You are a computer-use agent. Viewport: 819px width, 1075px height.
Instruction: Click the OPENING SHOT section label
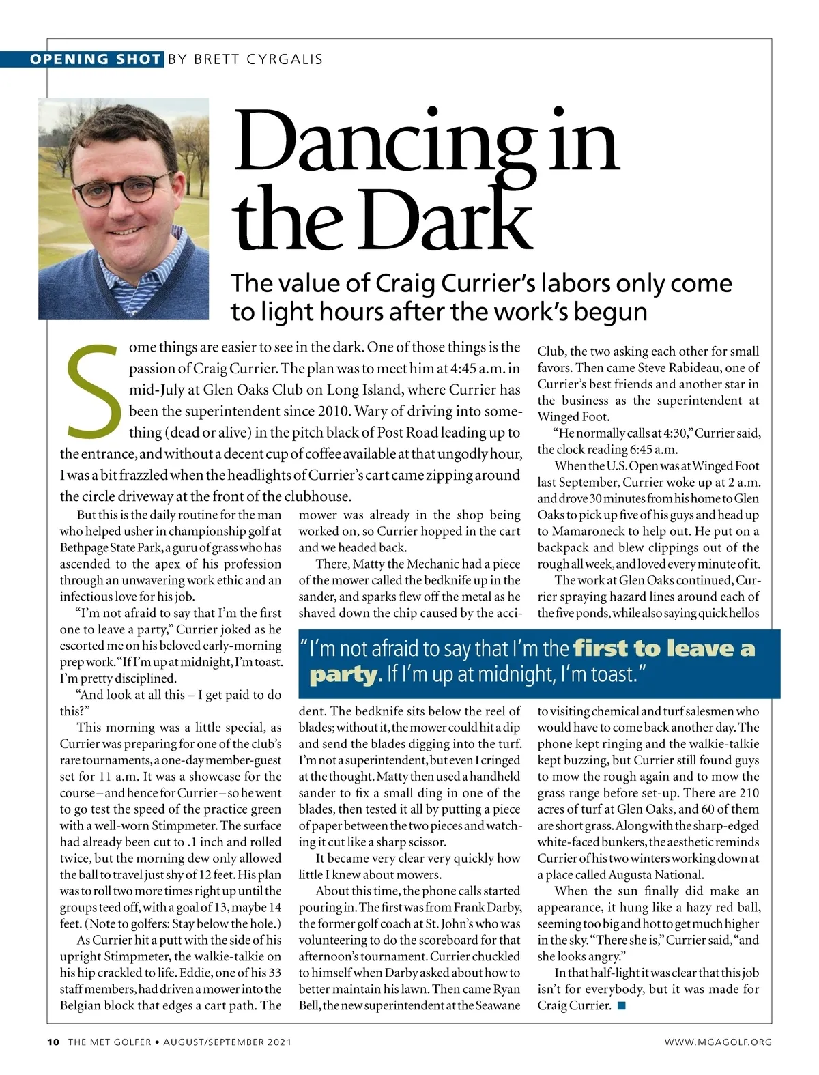point(95,59)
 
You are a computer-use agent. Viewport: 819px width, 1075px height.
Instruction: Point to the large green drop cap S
point(91,391)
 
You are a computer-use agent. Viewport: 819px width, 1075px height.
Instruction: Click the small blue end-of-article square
point(621,1005)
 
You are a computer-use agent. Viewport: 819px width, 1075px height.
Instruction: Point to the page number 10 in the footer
point(53,1042)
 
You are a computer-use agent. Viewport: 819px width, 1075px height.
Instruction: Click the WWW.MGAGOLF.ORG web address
point(718,1042)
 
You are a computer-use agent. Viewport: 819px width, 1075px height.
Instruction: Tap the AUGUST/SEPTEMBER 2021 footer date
point(227,1042)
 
